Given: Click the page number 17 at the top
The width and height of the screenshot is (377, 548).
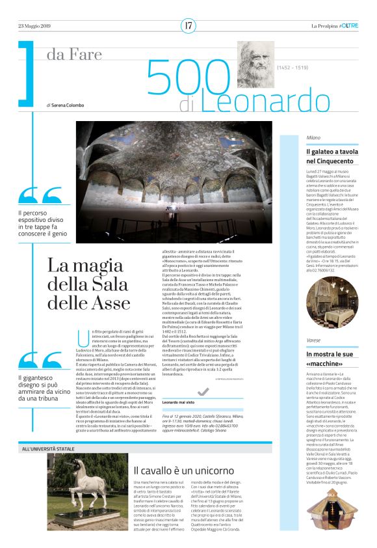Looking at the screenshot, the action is coord(188,25).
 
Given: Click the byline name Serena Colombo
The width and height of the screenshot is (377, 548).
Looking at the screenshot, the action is coord(70,104).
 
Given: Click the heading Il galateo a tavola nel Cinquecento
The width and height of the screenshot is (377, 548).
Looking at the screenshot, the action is coord(315,156).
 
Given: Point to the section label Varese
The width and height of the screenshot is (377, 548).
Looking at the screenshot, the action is coord(296,340).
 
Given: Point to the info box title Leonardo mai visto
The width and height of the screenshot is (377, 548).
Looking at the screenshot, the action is coord(178,386).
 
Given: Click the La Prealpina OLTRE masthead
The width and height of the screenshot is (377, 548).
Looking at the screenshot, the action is coord(334,26).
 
